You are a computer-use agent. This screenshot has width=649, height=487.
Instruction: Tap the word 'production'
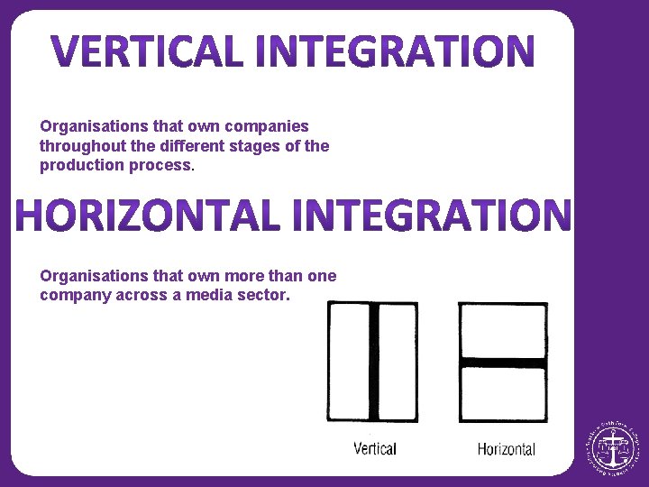(x=78, y=165)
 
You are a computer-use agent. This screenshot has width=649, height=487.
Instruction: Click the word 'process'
(x=160, y=165)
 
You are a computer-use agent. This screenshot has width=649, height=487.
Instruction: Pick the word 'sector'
(x=260, y=295)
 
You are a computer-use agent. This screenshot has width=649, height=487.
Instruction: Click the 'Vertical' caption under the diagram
(x=374, y=448)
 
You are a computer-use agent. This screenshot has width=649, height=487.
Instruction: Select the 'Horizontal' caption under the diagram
(x=506, y=449)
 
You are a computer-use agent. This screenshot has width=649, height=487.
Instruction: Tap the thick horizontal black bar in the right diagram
(x=503, y=363)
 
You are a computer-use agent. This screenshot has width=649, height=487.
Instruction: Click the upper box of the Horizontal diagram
(x=503, y=331)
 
